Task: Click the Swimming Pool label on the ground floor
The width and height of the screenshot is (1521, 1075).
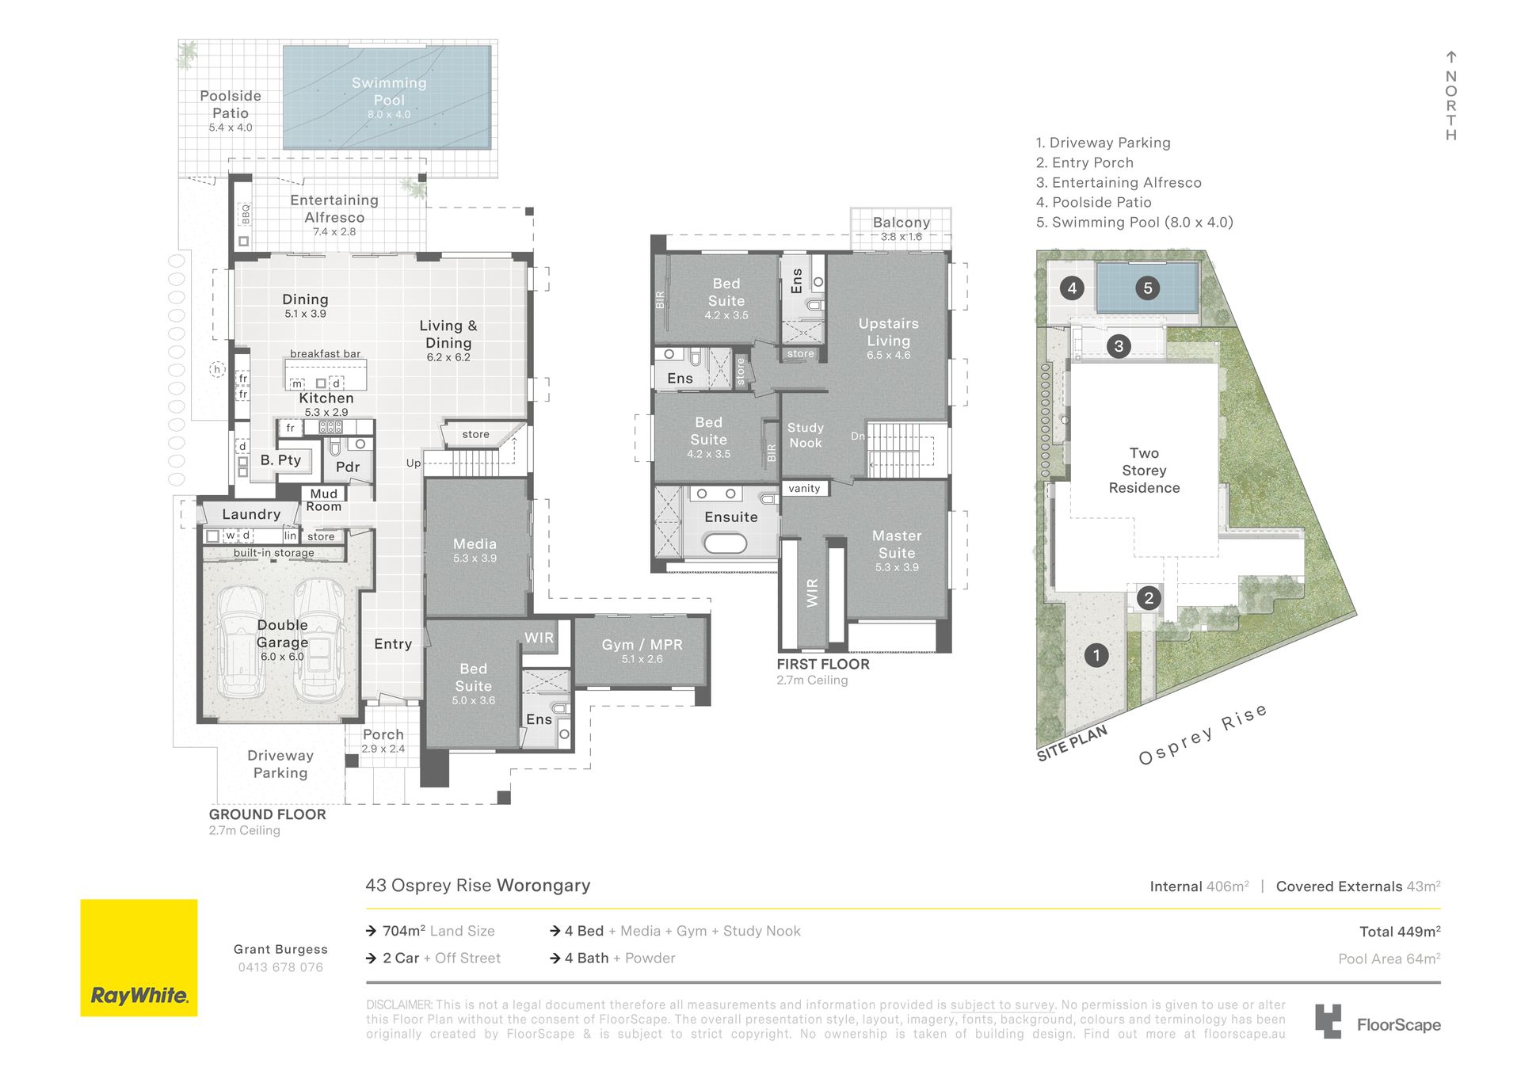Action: point(389,92)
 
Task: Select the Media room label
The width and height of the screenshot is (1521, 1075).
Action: point(475,544)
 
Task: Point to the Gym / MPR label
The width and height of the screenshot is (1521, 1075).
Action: point(642,645)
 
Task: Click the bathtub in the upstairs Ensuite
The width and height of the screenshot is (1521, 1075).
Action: point(725,543)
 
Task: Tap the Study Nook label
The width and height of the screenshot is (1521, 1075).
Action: point(806,435)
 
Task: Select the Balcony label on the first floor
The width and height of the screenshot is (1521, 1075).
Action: point(902,223)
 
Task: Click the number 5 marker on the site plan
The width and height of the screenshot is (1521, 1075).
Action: point(1147,288)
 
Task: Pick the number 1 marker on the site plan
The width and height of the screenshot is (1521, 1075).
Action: point(1096,655)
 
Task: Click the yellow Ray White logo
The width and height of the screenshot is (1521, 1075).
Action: point(139,958)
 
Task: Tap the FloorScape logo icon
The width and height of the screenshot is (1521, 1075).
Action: point(1328,1021)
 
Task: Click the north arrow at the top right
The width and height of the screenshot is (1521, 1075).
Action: point(1451,57)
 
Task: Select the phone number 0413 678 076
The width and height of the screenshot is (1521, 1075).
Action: point(280,967)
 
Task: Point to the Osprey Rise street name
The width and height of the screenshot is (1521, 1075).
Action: point(1203,734)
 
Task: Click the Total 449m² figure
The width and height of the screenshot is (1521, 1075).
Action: point(1400,932)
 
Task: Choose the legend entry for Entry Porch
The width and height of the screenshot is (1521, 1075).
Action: point(1085,162)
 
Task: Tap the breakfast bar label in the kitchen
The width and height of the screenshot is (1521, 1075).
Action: point(325,354)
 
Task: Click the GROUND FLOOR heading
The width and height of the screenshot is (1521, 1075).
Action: point(267,814)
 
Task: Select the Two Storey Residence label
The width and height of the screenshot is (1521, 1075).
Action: point(1144,471)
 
